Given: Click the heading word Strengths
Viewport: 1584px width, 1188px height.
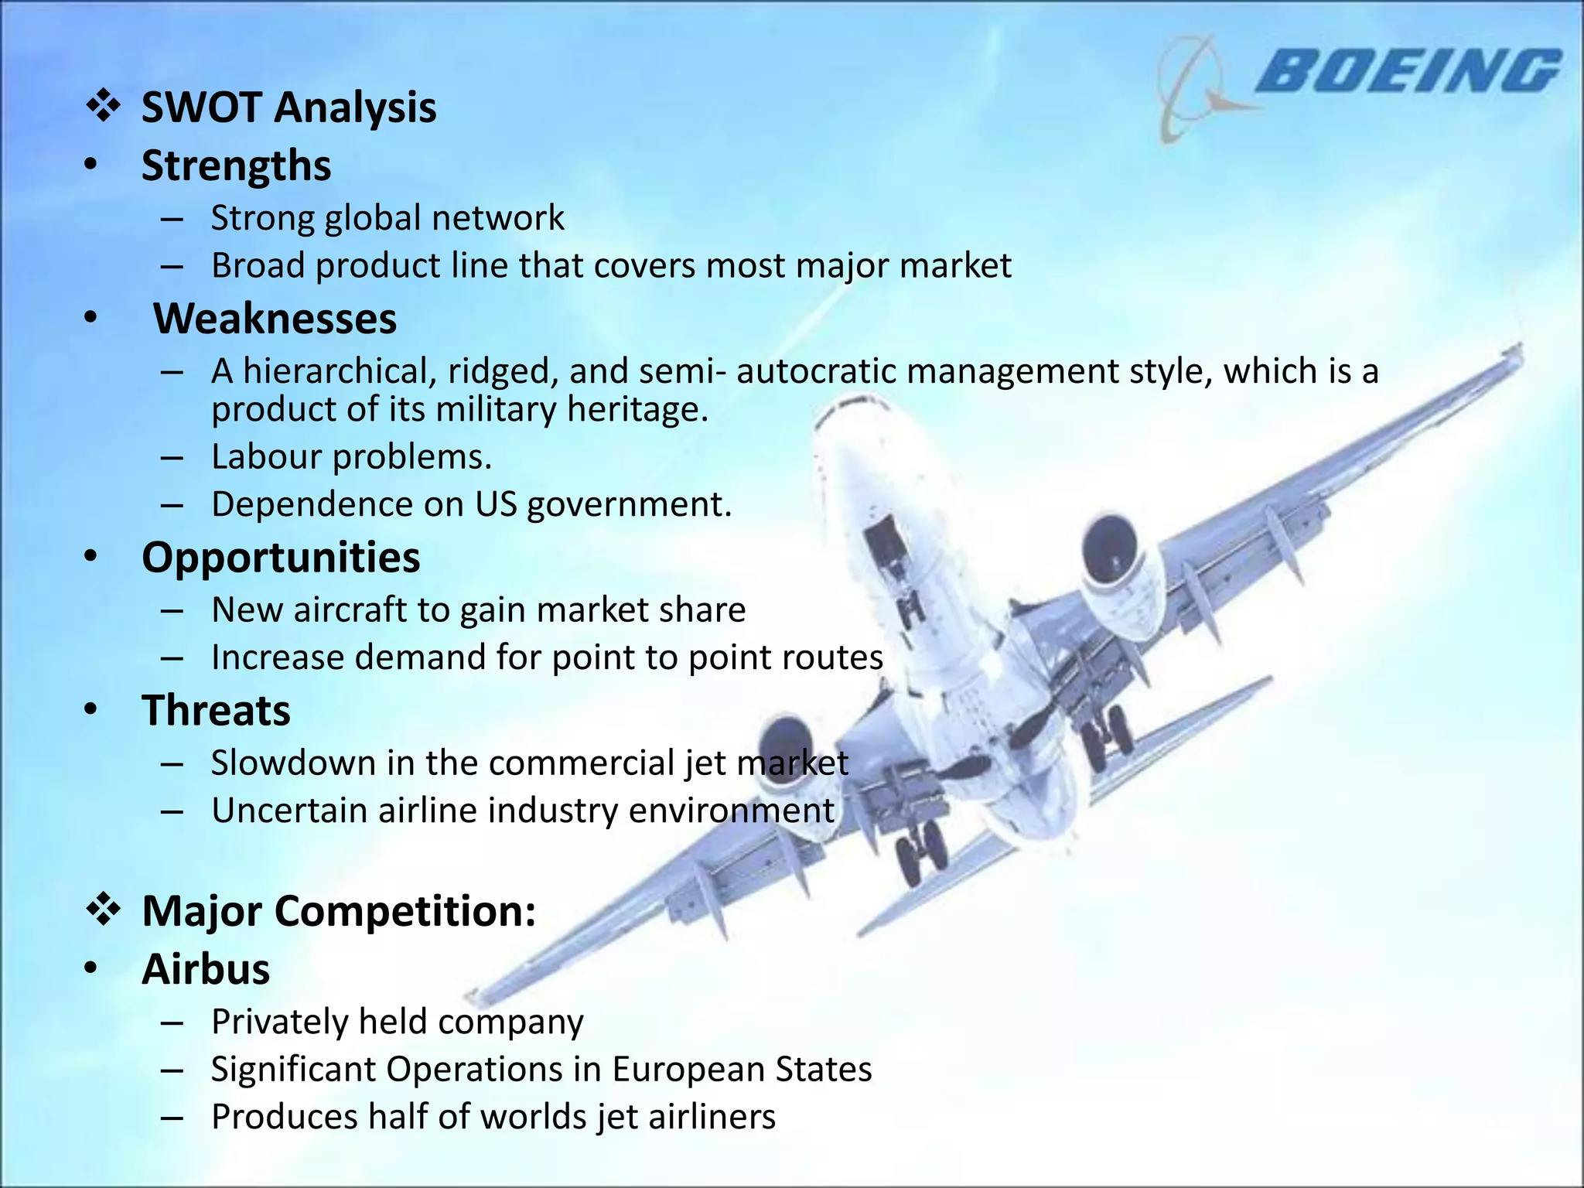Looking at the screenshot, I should pos(236,166).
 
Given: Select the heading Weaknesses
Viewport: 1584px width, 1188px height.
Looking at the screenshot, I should pos(275,319).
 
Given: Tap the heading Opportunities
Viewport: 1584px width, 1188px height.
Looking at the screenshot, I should pos(281,557).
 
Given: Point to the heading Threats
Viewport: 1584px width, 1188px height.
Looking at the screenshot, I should pos(216,710).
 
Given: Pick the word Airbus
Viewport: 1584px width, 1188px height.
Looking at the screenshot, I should pos(206,969).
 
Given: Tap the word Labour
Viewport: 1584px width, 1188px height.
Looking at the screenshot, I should pos(265,457).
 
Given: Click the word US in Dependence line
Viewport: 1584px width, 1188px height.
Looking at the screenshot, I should pos(496,504).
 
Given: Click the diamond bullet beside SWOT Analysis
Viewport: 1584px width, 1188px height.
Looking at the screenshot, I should pos(103,107).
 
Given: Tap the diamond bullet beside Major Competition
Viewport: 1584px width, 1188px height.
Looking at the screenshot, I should pos(103,910).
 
